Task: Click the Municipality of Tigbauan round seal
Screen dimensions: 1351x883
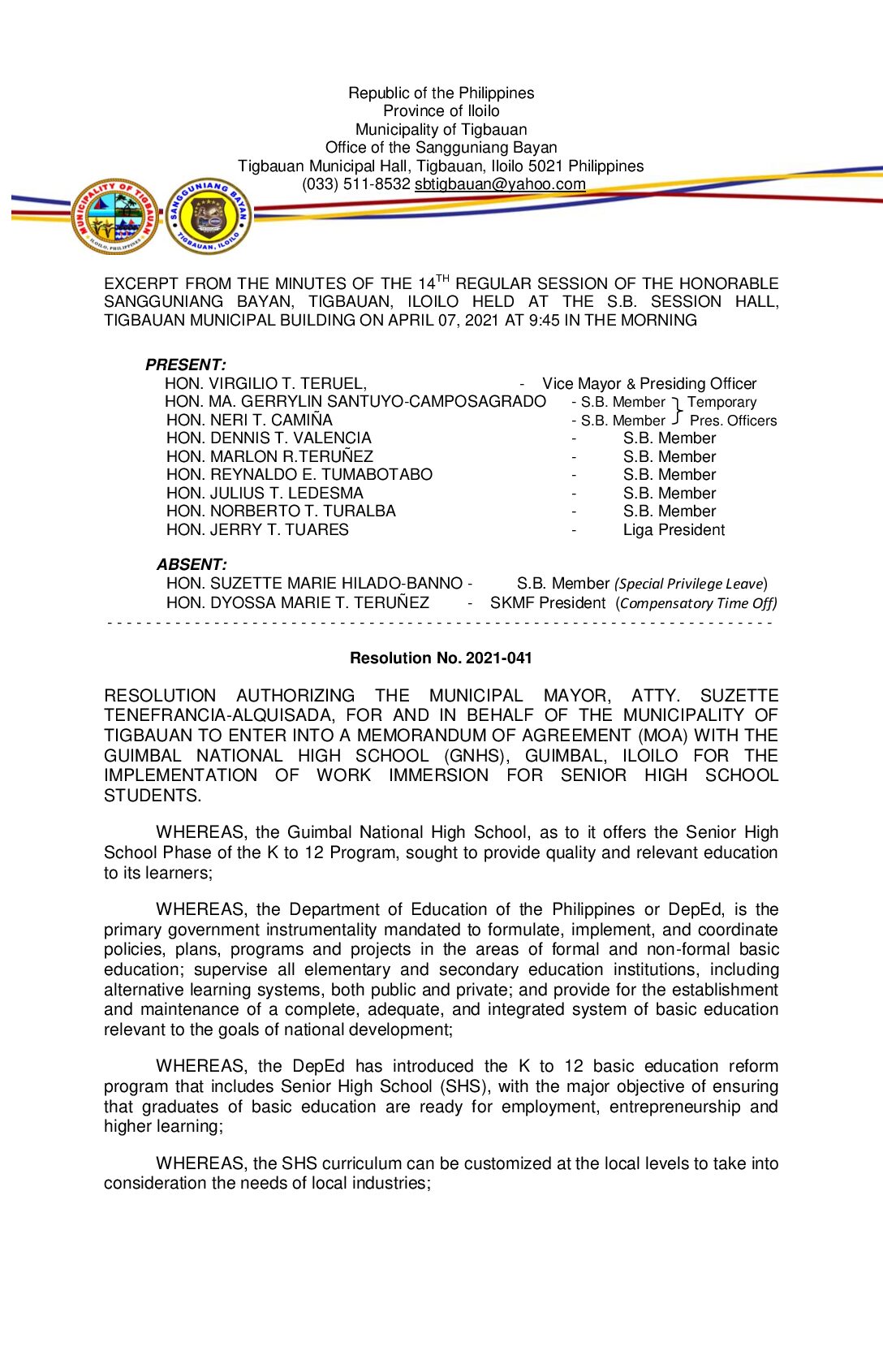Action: point(114,217)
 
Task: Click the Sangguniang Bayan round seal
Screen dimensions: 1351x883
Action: point(209,217)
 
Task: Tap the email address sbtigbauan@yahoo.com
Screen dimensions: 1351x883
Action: point(500,184)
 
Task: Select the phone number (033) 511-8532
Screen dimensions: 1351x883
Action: point(356,184)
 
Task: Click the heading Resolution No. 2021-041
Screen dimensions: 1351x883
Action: point(441,658)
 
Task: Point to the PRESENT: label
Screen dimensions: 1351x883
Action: point(185,365)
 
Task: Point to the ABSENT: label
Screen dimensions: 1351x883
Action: point(192,564)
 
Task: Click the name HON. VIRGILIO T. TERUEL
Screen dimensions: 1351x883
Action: point(265,384)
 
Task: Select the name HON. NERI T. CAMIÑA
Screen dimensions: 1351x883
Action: point(249,420)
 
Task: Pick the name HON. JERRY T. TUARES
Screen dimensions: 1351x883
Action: point(257,530)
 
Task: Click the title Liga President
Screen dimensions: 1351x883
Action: point(674,530)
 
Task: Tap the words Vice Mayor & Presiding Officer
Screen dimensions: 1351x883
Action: point(649,384)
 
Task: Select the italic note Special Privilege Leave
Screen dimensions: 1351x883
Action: point(690,584)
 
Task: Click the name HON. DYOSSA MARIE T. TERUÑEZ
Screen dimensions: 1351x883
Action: point(298,603)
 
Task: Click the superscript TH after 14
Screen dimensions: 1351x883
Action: point(442,278)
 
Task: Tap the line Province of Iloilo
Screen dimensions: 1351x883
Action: point(441,111)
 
